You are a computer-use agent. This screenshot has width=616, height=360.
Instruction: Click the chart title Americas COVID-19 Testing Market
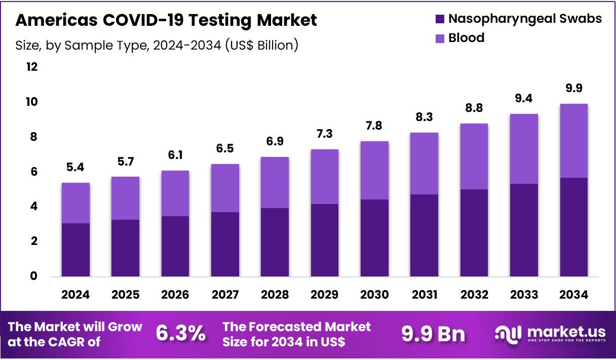[x=167, y=20]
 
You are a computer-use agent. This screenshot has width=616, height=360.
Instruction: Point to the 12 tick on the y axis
[x=32, y=67]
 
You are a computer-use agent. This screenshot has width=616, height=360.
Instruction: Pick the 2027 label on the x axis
[x=225, y=295]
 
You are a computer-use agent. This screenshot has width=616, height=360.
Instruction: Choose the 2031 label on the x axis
[x=425, y=295]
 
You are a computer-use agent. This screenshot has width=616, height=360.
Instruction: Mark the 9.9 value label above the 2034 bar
[x=574, y=89]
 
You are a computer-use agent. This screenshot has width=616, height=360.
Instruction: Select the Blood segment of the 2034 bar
[x=574, y=141]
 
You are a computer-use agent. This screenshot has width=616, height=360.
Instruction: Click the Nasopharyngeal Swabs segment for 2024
[x=75, y=250]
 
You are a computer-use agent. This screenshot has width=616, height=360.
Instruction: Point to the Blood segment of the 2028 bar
[x=275, y=182]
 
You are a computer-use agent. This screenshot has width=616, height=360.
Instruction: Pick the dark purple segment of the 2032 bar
[x=474, y=233]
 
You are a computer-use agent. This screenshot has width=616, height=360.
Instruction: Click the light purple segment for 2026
[x=175, y=193]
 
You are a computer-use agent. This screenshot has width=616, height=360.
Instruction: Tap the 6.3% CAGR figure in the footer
[x=181, y=333]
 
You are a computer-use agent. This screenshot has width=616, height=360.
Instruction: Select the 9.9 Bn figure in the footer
[x=433, y=334]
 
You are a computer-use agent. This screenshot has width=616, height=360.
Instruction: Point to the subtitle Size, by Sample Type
[x=157, y=45]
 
